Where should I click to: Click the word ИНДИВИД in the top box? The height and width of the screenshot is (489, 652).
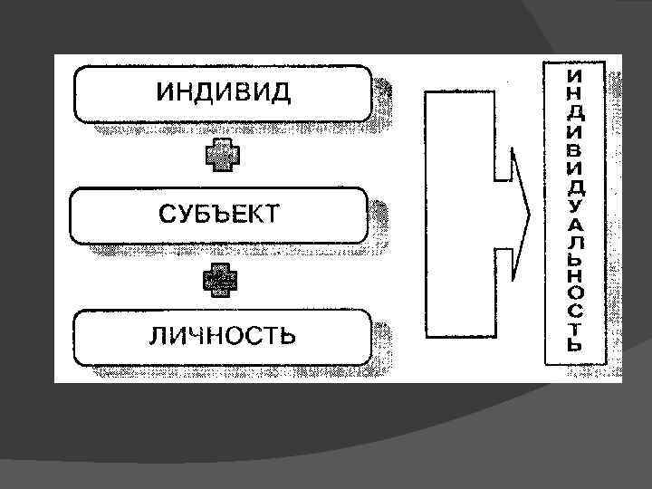click(x=225, y=93)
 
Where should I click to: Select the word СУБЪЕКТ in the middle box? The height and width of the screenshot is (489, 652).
click(x=220, y=214)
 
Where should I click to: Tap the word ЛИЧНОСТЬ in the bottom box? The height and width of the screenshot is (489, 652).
click(x=222, y=336)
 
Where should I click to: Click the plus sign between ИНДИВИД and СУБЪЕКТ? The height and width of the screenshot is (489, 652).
click(x=222, y=156)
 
